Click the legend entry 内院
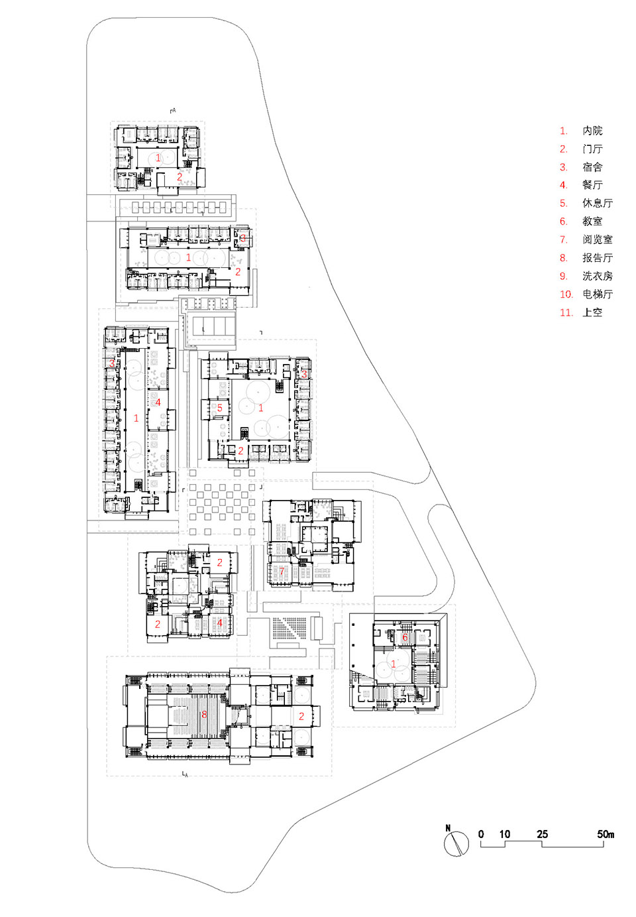click(x=592, y=131)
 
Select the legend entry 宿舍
click(x=592, y=167)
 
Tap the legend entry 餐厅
click(x=592, y=185)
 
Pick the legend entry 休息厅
click(x=597, y=204)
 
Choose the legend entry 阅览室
click(x=597, y=239)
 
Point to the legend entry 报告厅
click(x=597, y=258)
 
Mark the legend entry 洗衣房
click(x=597, y=276)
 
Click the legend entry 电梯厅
click(x=597, y=294)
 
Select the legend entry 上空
click(x=592, y=312)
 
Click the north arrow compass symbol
click(x=455, y=843)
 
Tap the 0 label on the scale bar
click(x=481, y=834)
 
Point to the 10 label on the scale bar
click(x=505, y=834)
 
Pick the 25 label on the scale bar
click(x=543, y=834)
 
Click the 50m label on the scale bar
click(x=606, y=834)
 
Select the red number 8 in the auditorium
click(x=204, y=714)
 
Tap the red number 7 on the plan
click(x=282, y=571)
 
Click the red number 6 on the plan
click(x=405, y=638)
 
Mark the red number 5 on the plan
click(x=220, y=408)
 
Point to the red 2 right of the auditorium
click(x=301, y=716)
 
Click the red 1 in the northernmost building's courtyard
click(x=158, y=158)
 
